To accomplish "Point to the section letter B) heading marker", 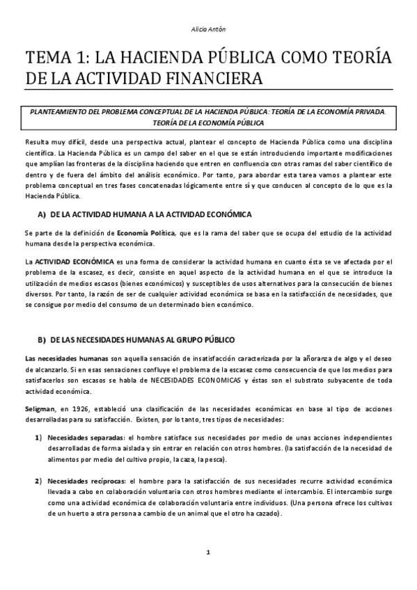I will (x=41, y=339).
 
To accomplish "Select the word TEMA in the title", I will (x=48, y=57).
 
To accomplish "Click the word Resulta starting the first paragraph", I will (x=36, y=141).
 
